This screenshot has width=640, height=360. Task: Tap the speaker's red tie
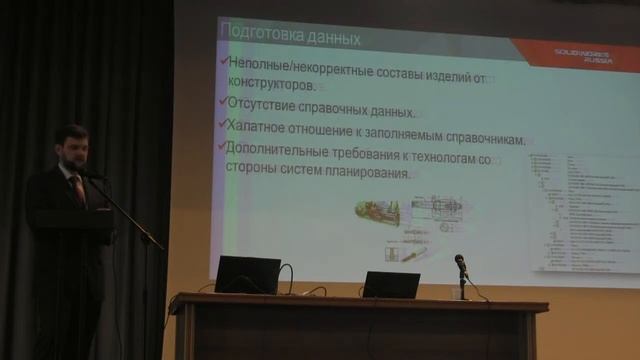click(x=77, y=187)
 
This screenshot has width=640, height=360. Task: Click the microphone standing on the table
click(x=460, y=264)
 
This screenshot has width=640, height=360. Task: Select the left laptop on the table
click(x=247, y=274)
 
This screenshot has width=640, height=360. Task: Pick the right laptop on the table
click(x=391, y=284)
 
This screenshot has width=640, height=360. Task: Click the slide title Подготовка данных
click(x=290, y=38)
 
